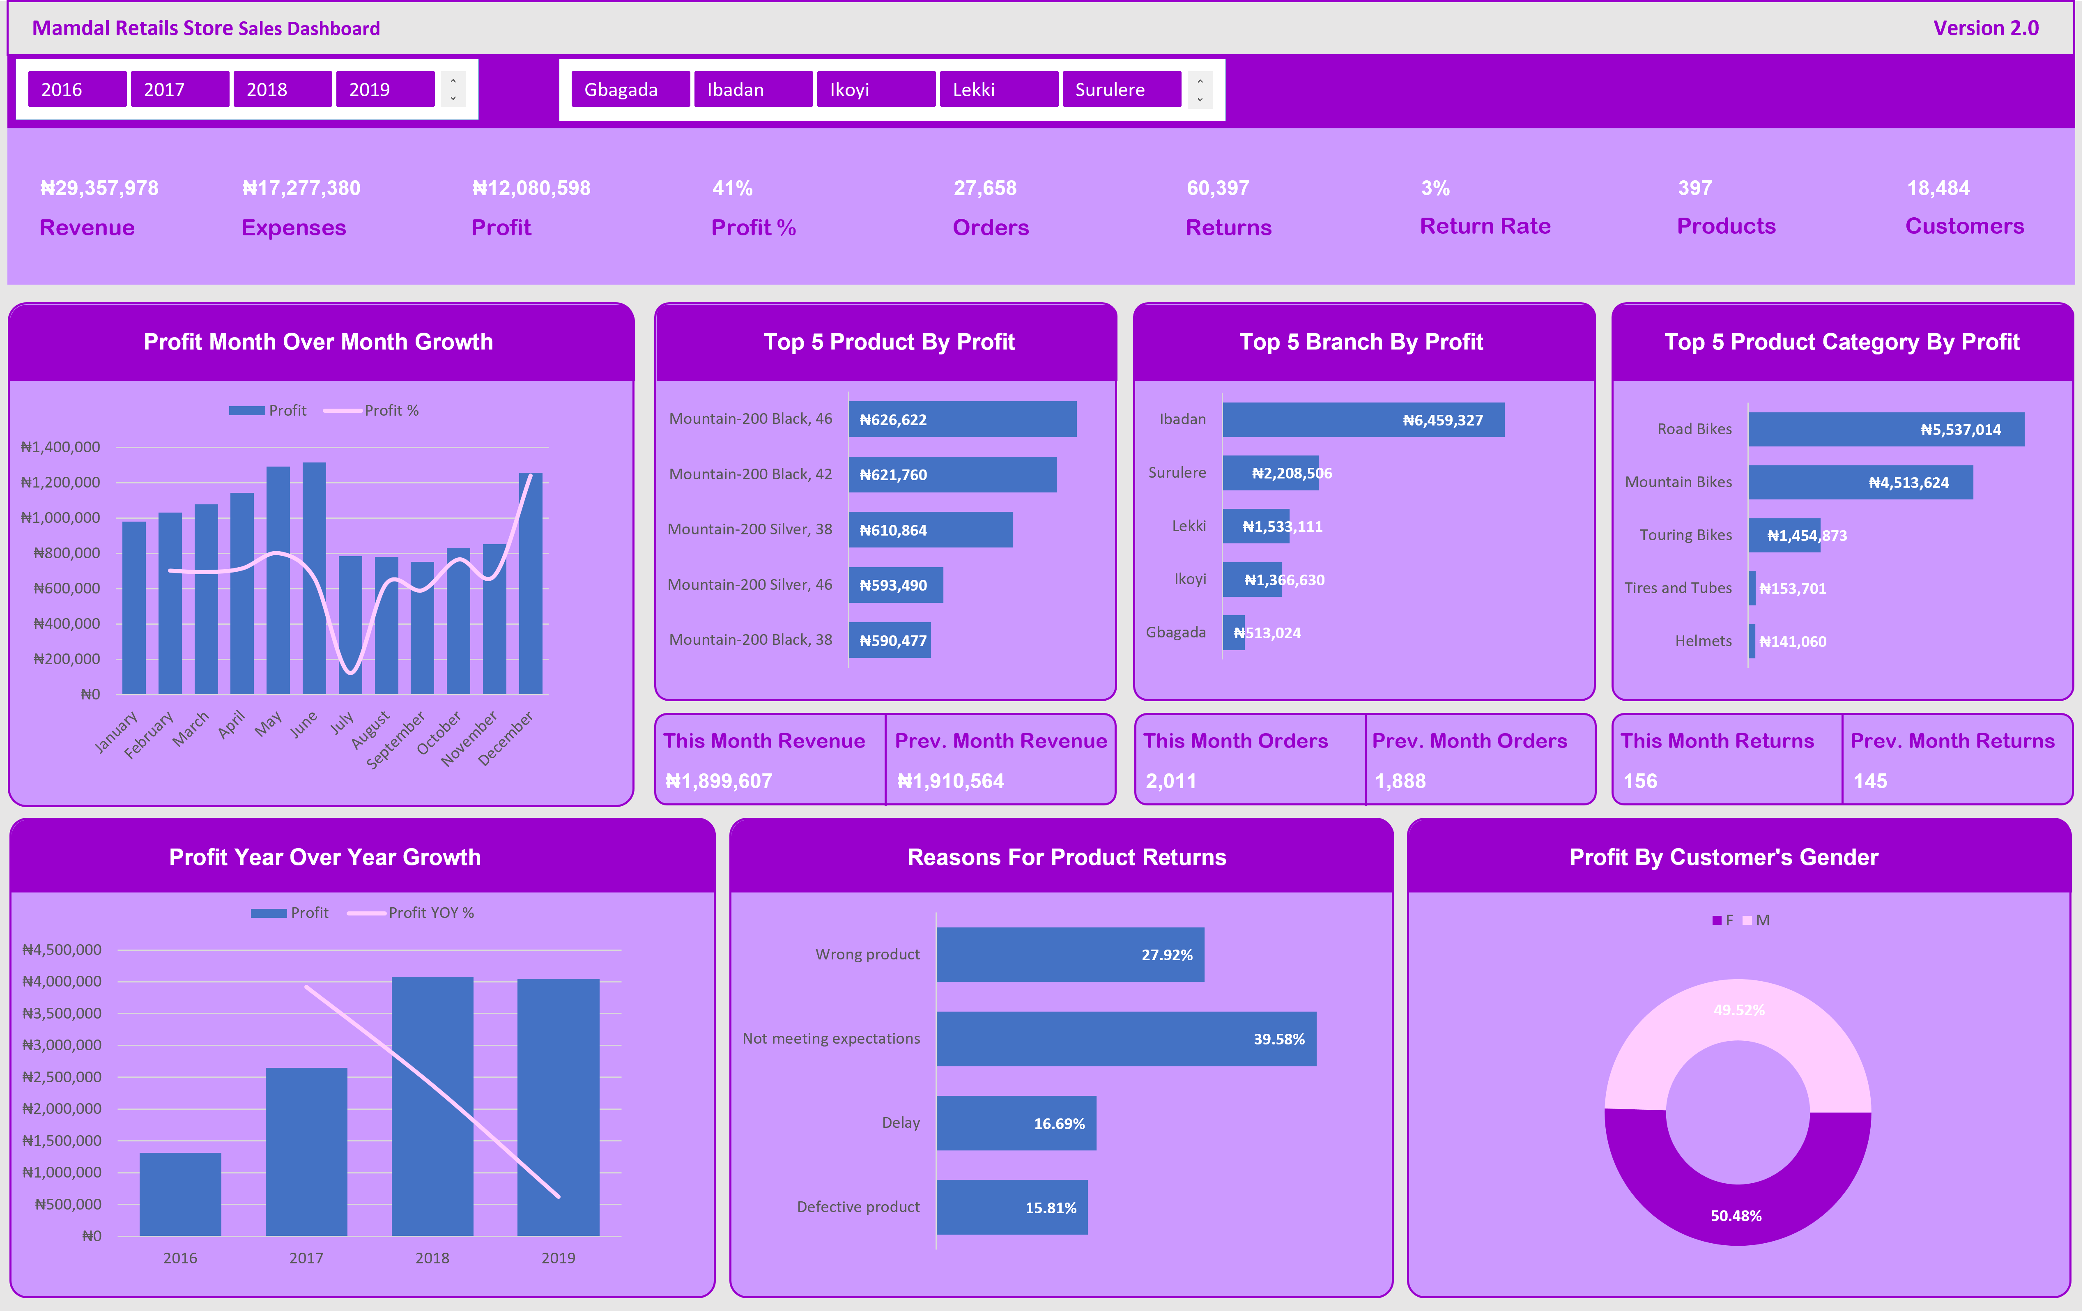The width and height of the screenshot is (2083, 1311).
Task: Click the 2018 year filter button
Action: coord(282,89)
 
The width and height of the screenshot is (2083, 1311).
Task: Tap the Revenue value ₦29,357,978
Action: coord(99,188)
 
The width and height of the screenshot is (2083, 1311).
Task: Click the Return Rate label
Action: coord(1484,226)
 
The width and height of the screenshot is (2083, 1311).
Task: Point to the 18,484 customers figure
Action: coord(1938,188)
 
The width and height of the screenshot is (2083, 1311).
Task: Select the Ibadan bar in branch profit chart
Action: coord(1362,420)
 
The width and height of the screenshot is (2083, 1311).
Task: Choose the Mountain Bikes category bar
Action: coord(1860,482)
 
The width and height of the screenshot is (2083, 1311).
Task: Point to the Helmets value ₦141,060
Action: coord(1792,641)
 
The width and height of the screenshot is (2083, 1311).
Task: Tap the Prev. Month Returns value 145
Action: coord(1869,780)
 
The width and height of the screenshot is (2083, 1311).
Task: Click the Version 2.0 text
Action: coord(1985,28)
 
